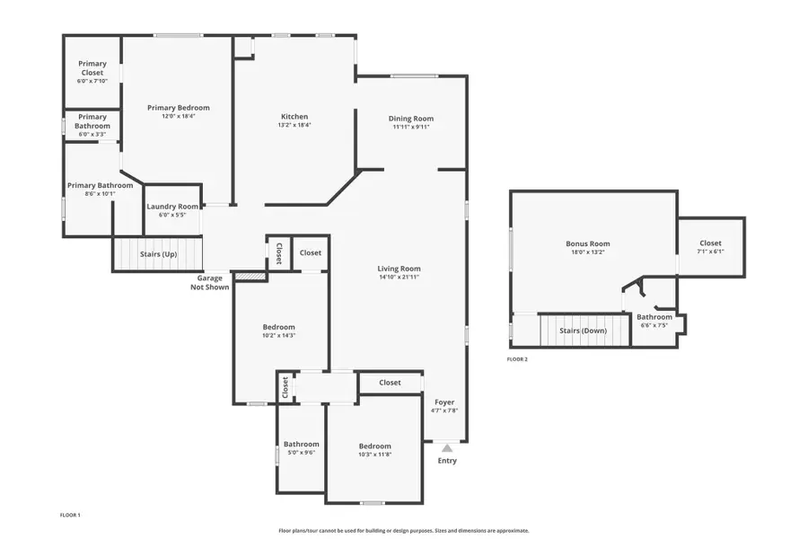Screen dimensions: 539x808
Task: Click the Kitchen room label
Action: (x=294, y=117)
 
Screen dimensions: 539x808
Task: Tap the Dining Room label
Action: (x=411, y=119)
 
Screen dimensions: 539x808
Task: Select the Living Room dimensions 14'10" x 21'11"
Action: (x=399, y=278)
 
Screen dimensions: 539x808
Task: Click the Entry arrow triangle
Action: (x=447, y=447)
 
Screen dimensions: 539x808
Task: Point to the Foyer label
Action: (x=444, y=402)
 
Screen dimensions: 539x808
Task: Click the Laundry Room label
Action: (x=172, y=207)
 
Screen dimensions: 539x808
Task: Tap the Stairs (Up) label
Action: (x=158, y=254)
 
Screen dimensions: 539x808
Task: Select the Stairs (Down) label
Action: (x=583, y=331)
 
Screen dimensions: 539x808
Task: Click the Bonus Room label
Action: (x=588, y=243)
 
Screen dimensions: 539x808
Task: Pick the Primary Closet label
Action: (x=92, y=68)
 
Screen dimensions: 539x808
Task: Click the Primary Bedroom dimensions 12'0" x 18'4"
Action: (x=179, y=116)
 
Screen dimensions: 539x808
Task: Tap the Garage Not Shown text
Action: (x=210, y=282)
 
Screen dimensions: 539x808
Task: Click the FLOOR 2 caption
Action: (x=517, y=359)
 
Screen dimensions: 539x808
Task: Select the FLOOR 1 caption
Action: (x=69, y=515)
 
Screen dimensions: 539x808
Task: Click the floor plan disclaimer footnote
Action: (x=404, y=531)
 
